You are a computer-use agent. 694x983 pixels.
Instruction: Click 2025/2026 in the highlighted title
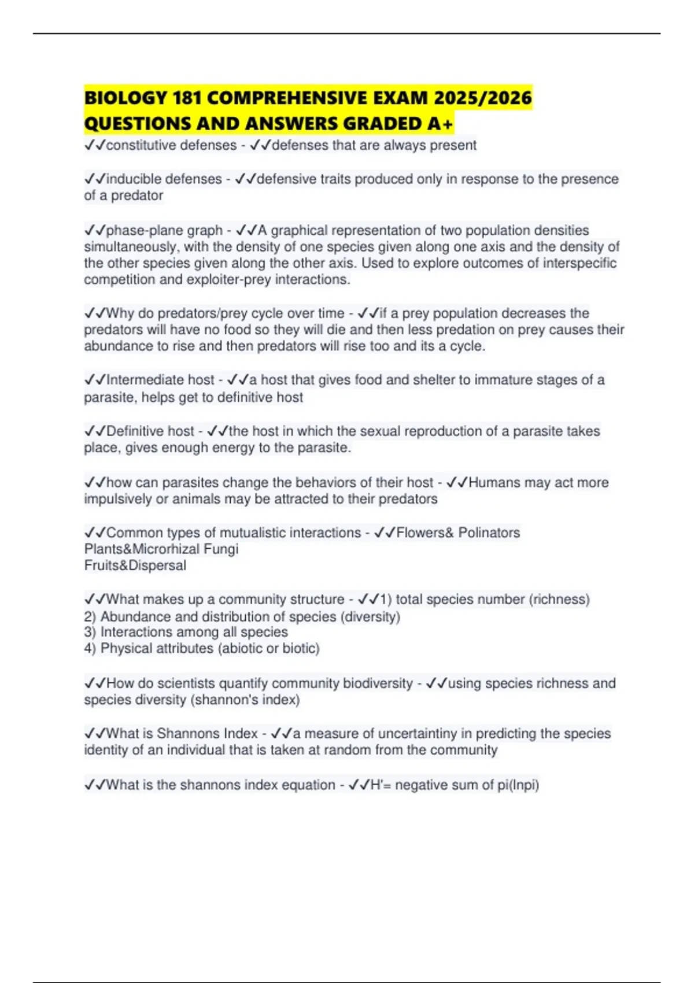pyautogui.click(x=482, y=98)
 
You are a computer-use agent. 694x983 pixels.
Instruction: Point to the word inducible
pyautogui.click(x=135, y=179)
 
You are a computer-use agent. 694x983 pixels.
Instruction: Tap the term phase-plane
pyautogui.click(x=137, y=230)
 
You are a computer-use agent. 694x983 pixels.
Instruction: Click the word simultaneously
pyautogui.click(x=131, y=247)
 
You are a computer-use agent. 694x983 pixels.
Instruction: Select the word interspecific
pyautogui.click(x=579, y=263)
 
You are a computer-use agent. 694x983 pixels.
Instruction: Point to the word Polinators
pyautogui.click(x=489, y=533)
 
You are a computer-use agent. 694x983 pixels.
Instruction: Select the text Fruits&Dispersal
pyautogui.click(x=135, y=566)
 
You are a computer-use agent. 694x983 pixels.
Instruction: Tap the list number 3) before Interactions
pyautogui.click(x=90, y=632)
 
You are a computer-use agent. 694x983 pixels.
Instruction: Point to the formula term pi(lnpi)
pyautogui.click(x=518, y=785)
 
